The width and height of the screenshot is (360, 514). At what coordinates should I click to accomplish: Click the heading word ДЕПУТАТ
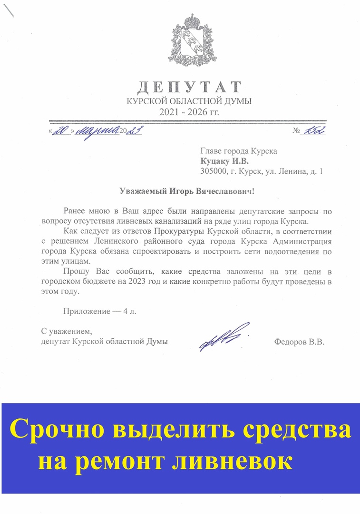pyautogui.click(x=189, y=88)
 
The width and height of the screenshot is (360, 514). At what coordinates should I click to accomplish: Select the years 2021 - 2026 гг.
pyautogui.click(x=189, y=112)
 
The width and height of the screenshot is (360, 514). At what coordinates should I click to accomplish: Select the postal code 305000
pyautogui.click(x=214, y=171)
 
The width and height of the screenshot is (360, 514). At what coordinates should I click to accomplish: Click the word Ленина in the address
pyautogui.click(x=289, y=171)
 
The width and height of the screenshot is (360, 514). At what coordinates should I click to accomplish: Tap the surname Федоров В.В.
pyautogui.click(x=299, y=342)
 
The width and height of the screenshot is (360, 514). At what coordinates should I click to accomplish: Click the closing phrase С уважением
pyautogui.click(x=66, y=331)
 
